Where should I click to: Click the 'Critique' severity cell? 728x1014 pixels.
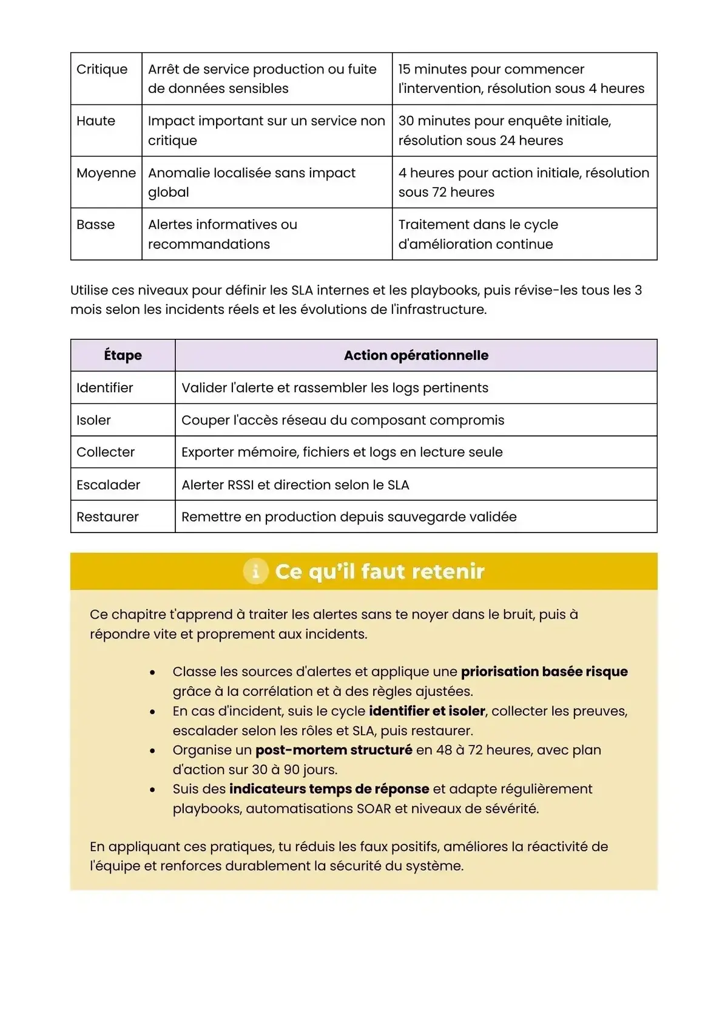[x=102, y=69]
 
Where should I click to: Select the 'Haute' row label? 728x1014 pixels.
[x=96, y=121]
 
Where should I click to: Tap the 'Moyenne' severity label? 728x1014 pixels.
[x=106, y=173]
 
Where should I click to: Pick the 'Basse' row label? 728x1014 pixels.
[x=96, y=225]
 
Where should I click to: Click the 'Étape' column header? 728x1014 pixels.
[x=123, y=355]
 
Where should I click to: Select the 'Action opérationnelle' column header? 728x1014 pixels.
[x=416, y=355]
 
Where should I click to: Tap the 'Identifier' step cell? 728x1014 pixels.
[x=105, y=387]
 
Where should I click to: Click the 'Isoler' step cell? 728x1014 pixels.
[x=94, y=420]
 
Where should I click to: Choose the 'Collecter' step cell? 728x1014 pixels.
[x=106, y=452]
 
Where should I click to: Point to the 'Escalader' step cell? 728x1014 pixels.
[x=108, y=485]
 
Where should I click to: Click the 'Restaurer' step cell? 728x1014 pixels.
[x=107, y=517]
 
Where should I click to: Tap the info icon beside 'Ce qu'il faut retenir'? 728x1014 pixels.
[x=255, y=571]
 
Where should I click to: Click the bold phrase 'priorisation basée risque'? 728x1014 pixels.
[x=544, y=672]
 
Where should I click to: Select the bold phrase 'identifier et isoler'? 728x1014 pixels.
[x=427, y=711]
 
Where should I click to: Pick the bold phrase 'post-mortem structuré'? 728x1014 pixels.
[x=334, y=750]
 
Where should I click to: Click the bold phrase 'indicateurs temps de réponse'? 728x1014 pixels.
[x=329, y=789]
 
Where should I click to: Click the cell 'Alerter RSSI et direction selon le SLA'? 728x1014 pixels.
[x=295, y=485]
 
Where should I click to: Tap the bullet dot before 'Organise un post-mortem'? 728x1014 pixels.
[x=152, y=751]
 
